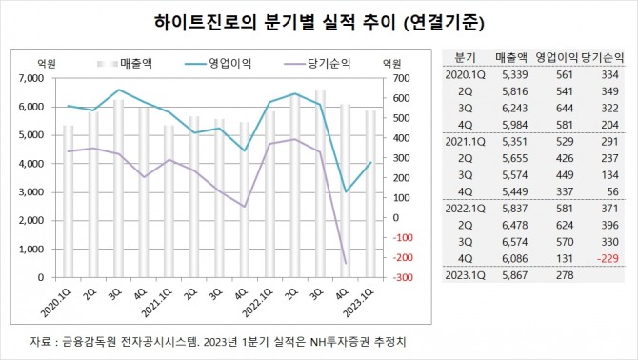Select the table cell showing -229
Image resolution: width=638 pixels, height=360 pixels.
[x=611, y=257]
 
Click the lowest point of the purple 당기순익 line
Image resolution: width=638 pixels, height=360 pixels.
[x=344, y=264]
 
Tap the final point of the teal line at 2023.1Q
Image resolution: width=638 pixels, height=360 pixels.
[x=370, y=162]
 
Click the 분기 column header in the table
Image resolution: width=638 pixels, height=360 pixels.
[x=466, y=57]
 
